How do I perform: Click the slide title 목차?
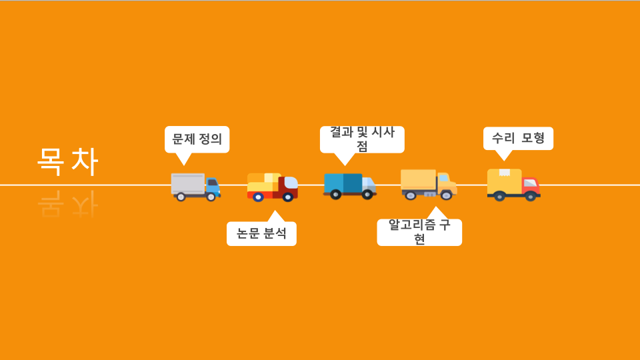pyautogui.click(x=67, y=162)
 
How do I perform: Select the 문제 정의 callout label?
pyautogui.click(x=197, y=139)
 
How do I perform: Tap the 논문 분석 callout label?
pyautogui.click(x=261, y=233)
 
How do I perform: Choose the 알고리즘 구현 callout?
pyautogui.click(x=419, y=231)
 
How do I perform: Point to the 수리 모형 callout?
pyautogui.click(x=518, y=139)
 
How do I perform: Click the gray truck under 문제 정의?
pyautogui.click(x=195, y=187)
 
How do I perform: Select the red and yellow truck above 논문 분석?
pyautogui.click(x=272, y=187)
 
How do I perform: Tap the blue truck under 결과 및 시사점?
pyautogui.click(x=349, y=185)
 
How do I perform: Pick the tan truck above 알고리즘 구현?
pyautogui.click(x=428, y=184)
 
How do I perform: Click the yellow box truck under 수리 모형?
pyautogui.click(x=513, y=184)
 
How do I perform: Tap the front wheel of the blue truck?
pyautogui.click(x=367, y=194)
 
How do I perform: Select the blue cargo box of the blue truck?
pyautogui.click(x=343, y=182)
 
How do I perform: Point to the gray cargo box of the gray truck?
pyautogui.click(x=188, y=183)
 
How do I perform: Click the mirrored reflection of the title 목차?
pyautogui.click(x=67, y=204)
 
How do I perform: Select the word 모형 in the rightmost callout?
pyautogui.click(x=533, y=139)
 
